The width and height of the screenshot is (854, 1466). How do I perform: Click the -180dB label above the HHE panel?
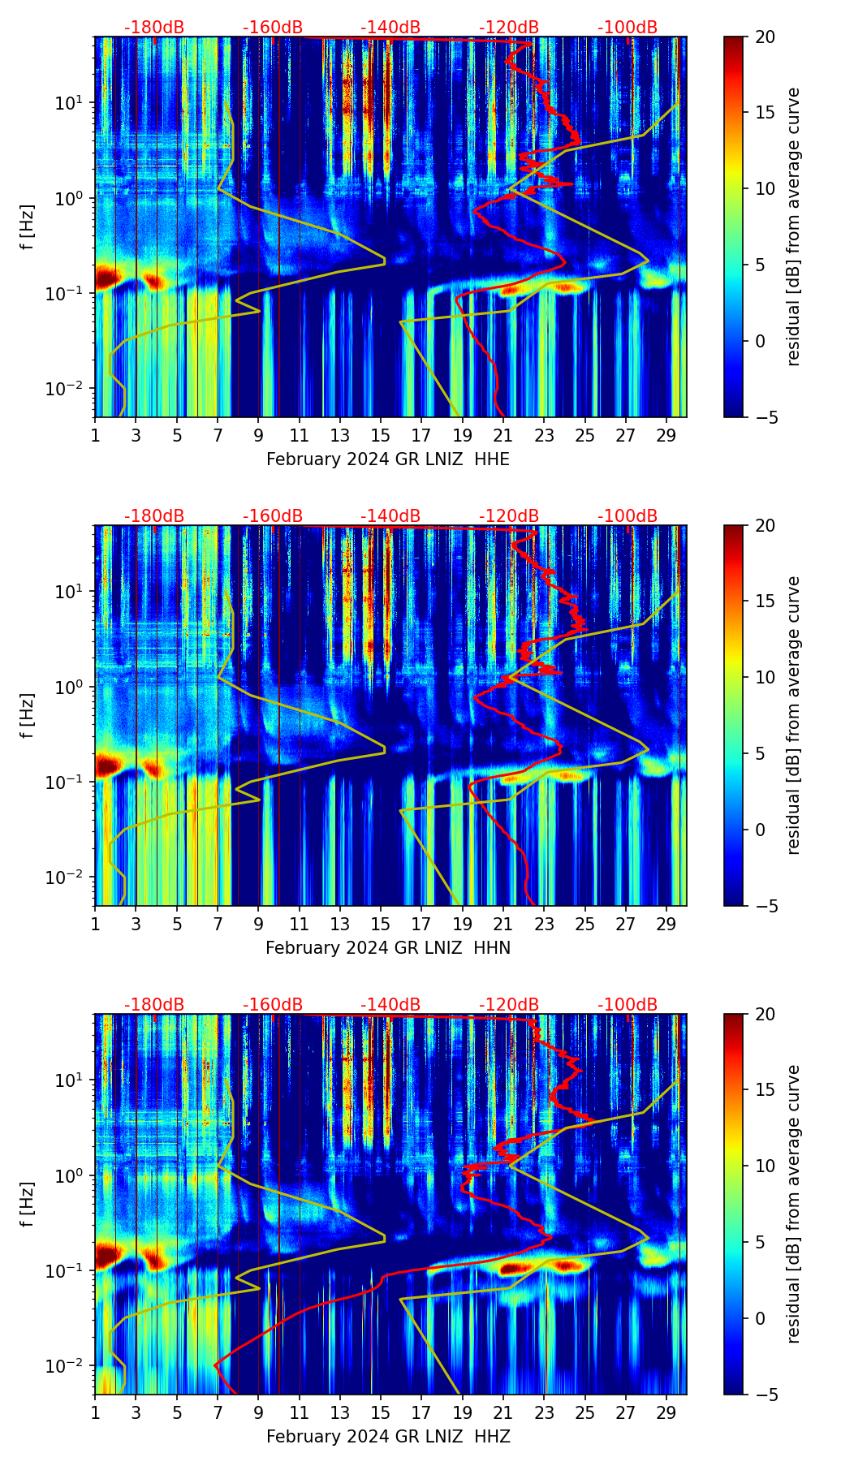pyautogui.click(x=154, y=28)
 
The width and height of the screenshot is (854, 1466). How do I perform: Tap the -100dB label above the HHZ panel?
pyautogui.click(x=628, y=1005)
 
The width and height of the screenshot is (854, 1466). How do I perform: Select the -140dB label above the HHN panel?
pyautogui.click(x=390, y=516)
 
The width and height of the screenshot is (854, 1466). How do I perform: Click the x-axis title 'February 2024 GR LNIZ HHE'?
pyautogui.click(x=388, y=459)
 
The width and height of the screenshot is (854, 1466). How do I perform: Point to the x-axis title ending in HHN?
pyautogui.click(x=388, y=948)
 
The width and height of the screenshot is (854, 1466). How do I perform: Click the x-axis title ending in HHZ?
pyautogui.click(x=388, y=1437)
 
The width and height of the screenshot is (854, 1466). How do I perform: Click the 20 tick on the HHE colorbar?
pyautogui.click(x=765, y=37)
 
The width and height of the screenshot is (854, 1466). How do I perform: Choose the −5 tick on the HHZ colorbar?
pyautogui.click(x=762, y=1395)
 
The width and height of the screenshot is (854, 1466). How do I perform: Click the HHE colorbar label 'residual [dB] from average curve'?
pyautogui.click(x=793, y=226)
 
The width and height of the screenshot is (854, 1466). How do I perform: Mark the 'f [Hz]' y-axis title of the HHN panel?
pyautogui.click(x=28, y=715)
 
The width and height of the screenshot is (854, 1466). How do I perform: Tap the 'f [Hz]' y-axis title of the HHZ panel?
pyautogui.click(x=28, y=1204)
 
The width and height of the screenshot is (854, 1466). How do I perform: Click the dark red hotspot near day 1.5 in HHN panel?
pyautogui.click(x=108, y=765)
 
